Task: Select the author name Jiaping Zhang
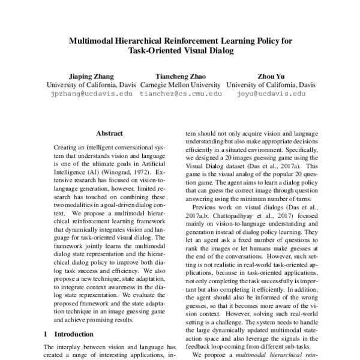(x=89, y=76)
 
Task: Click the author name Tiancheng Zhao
(x=180, y=76)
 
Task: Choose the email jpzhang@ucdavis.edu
(x=92, y=94)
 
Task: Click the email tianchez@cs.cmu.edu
(x=180, y=94)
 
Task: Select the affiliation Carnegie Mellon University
(x=180, y=85)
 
